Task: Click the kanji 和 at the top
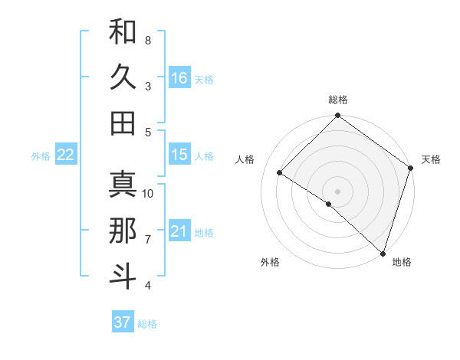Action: [x=123, y=32]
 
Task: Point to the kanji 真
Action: [x=123, y=184]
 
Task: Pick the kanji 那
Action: [x=123, y=230]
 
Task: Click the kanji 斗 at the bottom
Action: [x=123, y=274]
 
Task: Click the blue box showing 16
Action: [x=179, y=77]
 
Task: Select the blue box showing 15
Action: [x=179, y=155]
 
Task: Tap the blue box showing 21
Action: [x=179, y=231]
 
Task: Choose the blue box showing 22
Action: [x=66, y=155]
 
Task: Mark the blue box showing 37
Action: [x=123, y=322]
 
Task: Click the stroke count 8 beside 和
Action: [x=148, y=40]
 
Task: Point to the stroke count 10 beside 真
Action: [x=148, y=193]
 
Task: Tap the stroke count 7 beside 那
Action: [x=148, y=240]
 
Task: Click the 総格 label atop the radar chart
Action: [x=338, y=100]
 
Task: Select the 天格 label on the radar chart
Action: [x=431, y=159]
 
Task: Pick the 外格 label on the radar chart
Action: [x=270, y=262]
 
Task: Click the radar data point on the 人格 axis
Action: [x=280, y=173]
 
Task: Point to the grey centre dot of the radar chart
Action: [x=337, y=191]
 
